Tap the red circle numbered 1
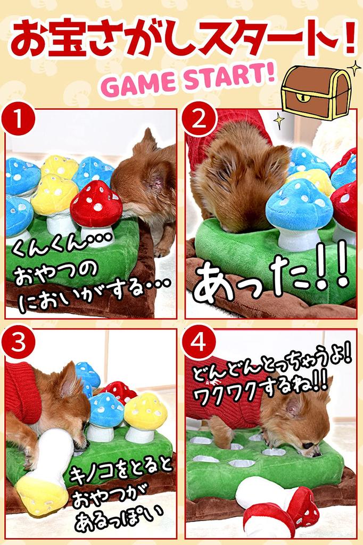(x=19, y=121)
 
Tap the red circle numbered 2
(x=199, y=122)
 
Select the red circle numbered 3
(x=19, y=343)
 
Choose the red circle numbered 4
(x=199, y=343)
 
